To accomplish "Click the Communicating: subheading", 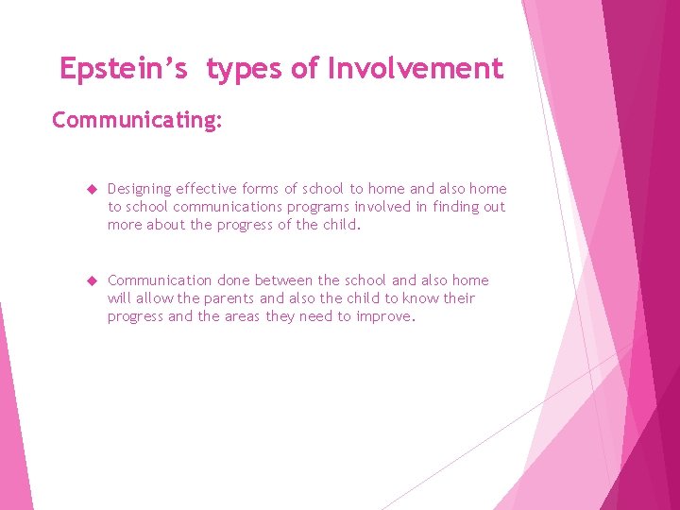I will coord(137,121).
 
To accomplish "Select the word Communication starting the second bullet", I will coord(160,280).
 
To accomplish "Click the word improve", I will coord(384,317).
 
